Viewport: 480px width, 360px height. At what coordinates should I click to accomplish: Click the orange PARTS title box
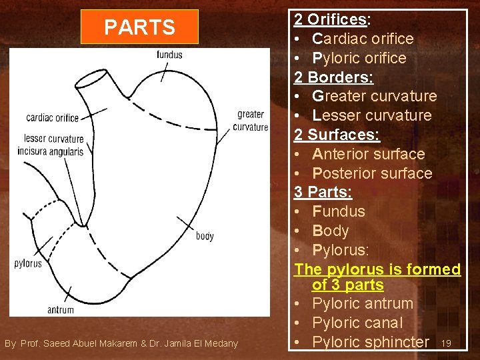click(x=139, y=27)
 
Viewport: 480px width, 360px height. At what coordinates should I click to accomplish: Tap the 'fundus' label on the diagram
click(x=169, y=55)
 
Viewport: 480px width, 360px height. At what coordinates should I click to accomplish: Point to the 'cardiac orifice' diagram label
click(x=52, y=118)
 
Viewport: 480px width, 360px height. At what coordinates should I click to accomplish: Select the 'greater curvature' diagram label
click(x=251, y=121)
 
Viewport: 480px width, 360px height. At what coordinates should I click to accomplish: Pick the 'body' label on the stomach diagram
click(x=205, y=236)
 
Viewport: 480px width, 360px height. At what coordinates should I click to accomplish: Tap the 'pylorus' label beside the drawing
click(x=28, y=263)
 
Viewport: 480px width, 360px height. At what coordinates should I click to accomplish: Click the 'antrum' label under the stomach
click(x=61, y=309)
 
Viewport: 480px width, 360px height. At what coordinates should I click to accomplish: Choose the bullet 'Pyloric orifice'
click(x=359, y=58)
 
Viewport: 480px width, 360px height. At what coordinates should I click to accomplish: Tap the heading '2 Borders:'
click(x=334, y=77)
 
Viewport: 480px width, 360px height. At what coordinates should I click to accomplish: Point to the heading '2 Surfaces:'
click(x=337, y=135)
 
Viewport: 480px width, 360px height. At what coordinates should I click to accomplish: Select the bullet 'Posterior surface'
click(x=372, y=173)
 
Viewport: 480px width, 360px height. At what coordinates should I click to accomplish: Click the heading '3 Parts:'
click(x=323, y=193)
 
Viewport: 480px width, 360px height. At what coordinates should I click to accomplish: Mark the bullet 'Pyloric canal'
click(x=357, y=323)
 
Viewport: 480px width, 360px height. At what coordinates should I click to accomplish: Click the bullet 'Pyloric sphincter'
click(x=370, y=342)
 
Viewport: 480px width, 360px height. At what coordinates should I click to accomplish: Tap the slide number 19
click(x=446, y=343)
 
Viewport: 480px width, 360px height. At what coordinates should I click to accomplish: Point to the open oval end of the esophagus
click(x=92, y=77)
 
